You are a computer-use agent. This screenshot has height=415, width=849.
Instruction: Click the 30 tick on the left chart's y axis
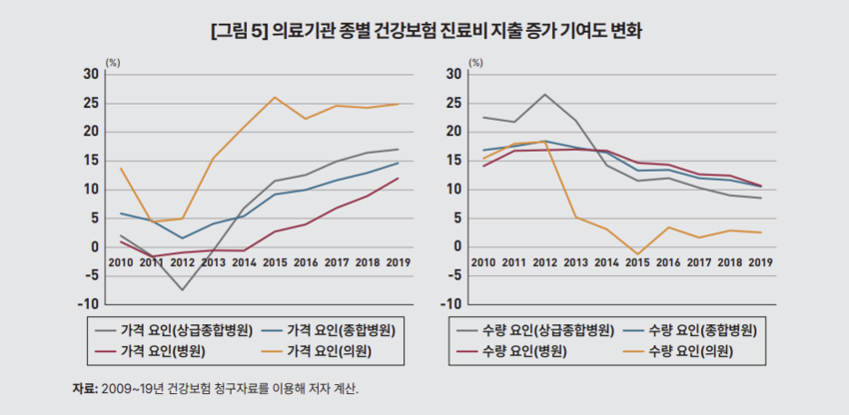tap(92, 74)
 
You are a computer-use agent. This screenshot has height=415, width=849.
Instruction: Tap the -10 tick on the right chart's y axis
tap(447, 304)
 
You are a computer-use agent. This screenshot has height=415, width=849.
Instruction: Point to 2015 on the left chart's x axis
tap(275, 262)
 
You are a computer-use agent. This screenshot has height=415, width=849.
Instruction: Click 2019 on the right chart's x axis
tap(761, 262)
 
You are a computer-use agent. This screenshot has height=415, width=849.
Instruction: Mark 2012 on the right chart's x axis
tap(544, 262)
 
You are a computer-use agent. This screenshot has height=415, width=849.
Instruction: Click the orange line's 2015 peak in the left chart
tap(275, 97)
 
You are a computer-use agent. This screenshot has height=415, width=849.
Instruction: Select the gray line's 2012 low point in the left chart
tap(182, 290)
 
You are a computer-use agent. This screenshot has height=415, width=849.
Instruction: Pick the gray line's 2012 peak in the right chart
tap(544, 95)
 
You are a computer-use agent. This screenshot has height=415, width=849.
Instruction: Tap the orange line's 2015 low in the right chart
tap(637, 254)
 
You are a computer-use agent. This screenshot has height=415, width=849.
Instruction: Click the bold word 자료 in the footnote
tap(83, 388)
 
